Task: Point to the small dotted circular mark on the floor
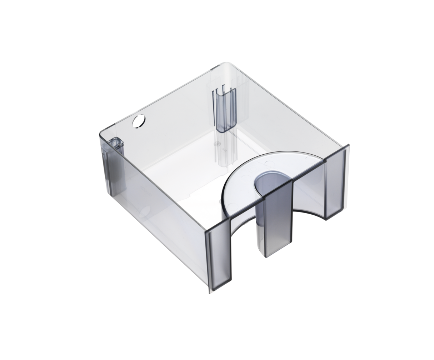coord(217,144)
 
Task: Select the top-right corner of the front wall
coord(348,145)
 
